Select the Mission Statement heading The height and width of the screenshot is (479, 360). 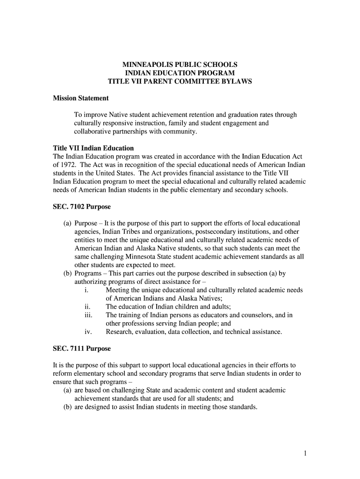click(x=80, y=98)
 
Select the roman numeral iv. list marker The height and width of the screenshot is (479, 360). click(x=87, y=332)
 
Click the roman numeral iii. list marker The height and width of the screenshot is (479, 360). click(x=88, y=315)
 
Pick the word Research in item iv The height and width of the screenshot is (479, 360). click(x=120, y=332)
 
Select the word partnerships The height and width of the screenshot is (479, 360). click(x=134, y=131)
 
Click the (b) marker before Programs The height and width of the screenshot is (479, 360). click(x=67, y=273)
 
